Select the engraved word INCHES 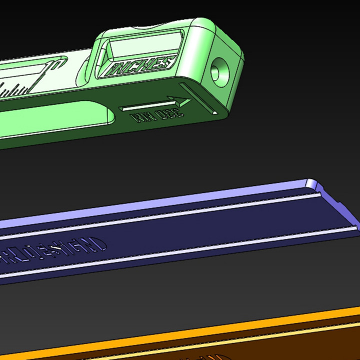(x=141, y=66)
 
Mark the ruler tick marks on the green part (x=15, y=90)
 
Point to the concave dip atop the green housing (x=150, y=26)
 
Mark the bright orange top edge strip (x=200, y=335)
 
